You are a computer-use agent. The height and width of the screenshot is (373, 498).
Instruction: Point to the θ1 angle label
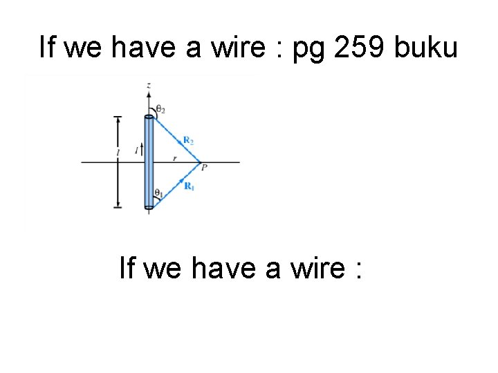[x=158, y=193]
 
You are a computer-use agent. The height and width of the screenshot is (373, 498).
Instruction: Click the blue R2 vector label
[x=188, y=140]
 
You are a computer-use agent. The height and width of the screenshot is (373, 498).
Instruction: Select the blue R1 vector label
[x=188, y=185]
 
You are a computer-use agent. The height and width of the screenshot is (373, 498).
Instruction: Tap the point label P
[x=204, y=167]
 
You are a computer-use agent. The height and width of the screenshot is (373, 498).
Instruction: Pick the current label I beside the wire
[x=137, y=149]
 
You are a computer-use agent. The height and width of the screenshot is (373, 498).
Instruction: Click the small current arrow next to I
[x=142, y=147]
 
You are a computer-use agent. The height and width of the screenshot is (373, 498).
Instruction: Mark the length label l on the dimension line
[x=118, y=151]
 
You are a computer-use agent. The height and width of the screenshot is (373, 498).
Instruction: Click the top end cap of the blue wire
[x=149, y=117]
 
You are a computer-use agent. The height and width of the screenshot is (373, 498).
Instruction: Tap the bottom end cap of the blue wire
[x=149, y=206]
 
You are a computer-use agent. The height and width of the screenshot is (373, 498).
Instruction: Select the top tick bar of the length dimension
[x=118, y=117]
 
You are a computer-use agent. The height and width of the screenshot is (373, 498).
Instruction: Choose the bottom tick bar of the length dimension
[x=118, y=206]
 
